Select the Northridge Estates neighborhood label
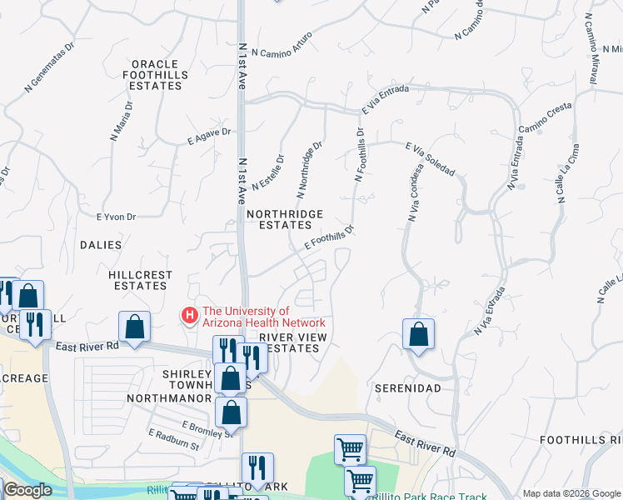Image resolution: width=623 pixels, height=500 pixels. pyautogui.click(x=285, y=219)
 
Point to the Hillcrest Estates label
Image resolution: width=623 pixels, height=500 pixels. pyautogui.click(x=142, y=280)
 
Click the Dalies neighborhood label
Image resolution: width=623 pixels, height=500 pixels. pyautogui.click(x=101, y=245)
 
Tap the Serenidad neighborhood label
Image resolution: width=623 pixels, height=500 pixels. pyautogui.click(x=406, y=388)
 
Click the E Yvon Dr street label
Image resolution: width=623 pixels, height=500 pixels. pyautogui.click(x=116, y=217)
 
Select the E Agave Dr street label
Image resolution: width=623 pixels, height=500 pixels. pyautogui.click(x=208, y=135)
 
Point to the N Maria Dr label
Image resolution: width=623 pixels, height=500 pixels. pyautogui.click(x=121, y=121)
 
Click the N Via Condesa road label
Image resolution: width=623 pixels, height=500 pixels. pyautogui.click(x=416, y=191)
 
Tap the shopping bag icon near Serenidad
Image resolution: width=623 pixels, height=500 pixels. pyautogui.click(x=418, y=334)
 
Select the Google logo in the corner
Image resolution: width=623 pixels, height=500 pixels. pyautogui.click(x=27, y=490)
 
